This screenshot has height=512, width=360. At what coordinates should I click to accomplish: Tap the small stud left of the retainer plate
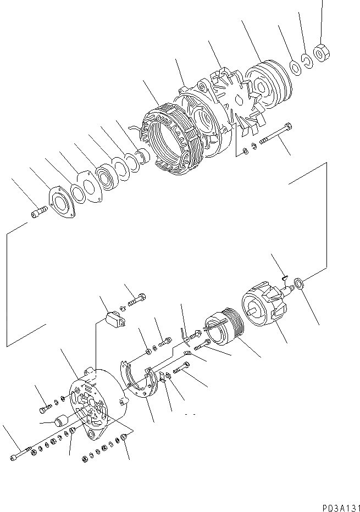click(x=38, y=213)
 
